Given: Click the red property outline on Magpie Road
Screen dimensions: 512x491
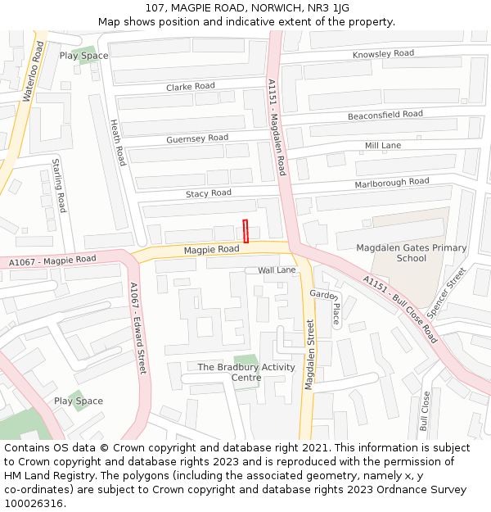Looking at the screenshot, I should tap(245, 231).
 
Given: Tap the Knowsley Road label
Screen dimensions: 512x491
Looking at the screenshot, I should tap(383, 54).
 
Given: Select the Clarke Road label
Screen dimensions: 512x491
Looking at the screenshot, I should tap(191, 86).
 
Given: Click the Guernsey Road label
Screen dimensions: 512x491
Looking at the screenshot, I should tap(197, 138).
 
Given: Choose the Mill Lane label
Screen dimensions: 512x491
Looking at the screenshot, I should tap(383, 146).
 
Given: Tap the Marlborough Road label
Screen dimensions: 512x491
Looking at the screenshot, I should tap(391, 183).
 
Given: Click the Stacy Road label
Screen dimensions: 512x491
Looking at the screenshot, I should tap(209, 193).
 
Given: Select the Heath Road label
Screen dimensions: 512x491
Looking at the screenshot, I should tap(118, 142).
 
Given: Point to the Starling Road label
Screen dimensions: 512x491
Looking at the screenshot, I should tap(59, 185).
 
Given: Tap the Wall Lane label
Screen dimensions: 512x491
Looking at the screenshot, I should tap(277, 270).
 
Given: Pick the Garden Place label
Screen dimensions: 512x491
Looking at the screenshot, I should tap(324, 306).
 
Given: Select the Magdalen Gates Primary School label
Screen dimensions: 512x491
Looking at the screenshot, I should tap(412, 252).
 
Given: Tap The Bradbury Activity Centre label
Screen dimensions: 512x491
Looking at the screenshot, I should tap(246, 372).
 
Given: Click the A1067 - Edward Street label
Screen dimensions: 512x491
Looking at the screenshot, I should tap(137, 328).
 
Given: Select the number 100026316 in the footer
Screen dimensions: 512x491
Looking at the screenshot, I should tap(34, 503).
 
